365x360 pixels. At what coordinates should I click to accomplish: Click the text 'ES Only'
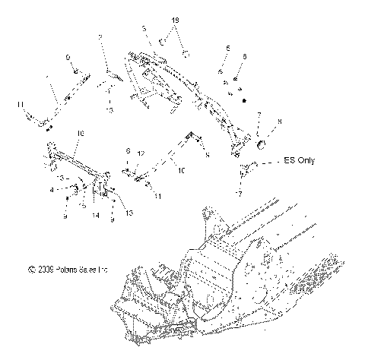coord(299,161)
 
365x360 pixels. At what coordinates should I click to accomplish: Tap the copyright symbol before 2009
coord(31,269)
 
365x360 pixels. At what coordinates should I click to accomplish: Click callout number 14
coord(95,216)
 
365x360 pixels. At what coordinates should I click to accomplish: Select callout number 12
coord(141,153)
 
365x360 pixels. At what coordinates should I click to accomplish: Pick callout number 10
coord(180,172)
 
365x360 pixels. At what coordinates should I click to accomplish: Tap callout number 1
coord(49,79)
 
